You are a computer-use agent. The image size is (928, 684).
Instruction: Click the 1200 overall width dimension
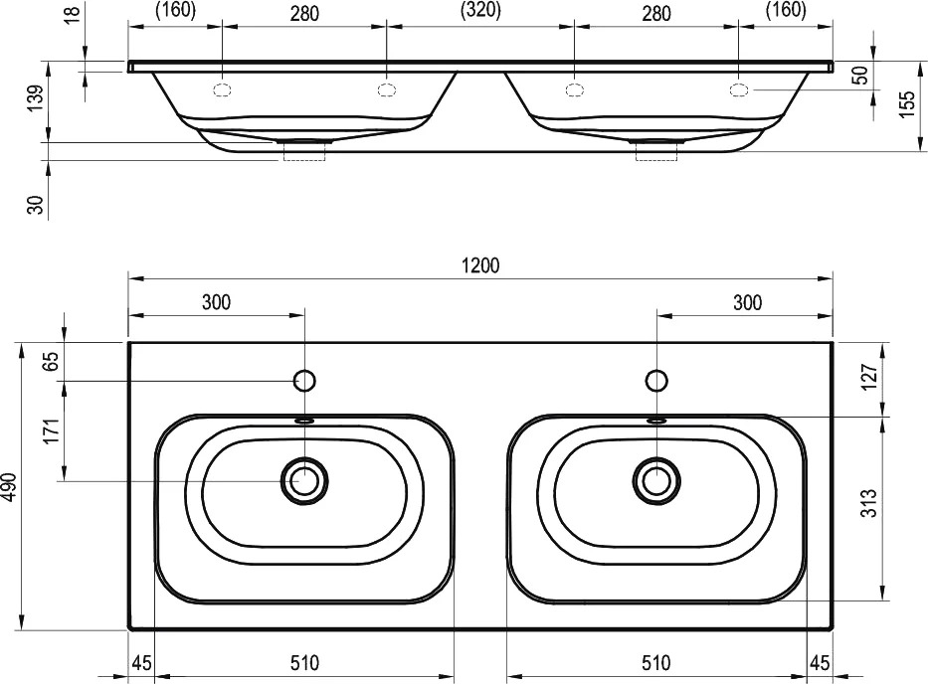point(480,265)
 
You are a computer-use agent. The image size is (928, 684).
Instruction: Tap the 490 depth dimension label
point(10,486)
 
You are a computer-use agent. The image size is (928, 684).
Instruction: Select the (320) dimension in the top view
point(480,11)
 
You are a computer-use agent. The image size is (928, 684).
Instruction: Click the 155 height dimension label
point(907,104)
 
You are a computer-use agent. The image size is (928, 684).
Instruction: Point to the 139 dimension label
point(36,98)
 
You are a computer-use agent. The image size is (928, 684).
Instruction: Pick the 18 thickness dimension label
point(72,13)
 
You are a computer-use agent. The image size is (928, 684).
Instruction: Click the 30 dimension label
point(36,205)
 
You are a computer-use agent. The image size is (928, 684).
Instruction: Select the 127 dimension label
point(868,377)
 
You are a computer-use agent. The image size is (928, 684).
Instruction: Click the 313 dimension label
point(868,503)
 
